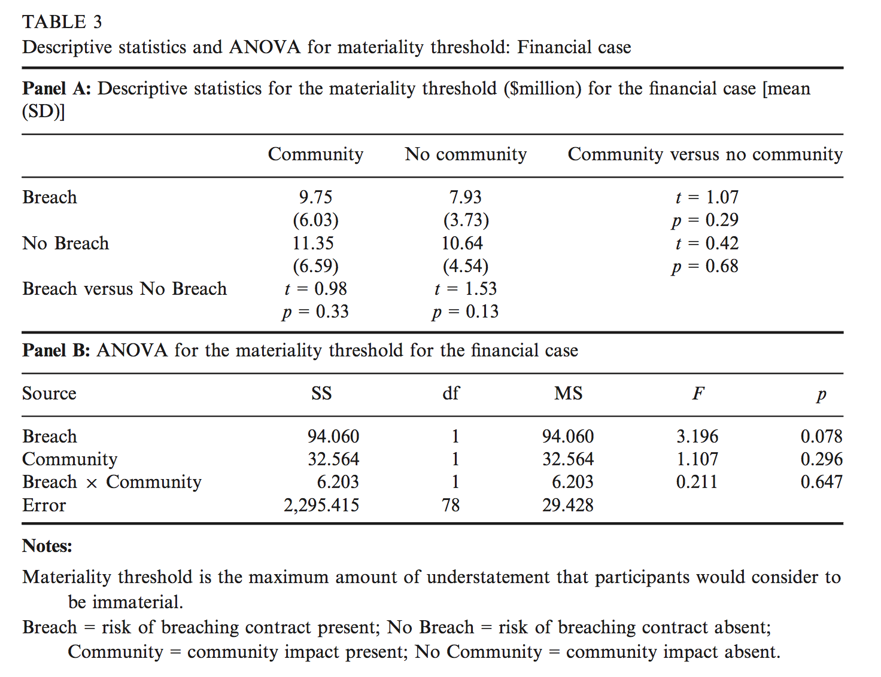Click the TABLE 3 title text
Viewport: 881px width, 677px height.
[x=62, y=22]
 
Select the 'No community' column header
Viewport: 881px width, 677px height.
[x=466, y=154]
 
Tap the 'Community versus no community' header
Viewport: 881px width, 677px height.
[x=704, y=154]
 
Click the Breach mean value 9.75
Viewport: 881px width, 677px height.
[x=315, y=197]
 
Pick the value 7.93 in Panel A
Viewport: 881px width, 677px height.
[x=466, y=197]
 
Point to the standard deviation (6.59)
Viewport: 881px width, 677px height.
[x=315, y=266]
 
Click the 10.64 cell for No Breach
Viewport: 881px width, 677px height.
[x=462, y=243]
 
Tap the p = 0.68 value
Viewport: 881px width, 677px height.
[x=705, y=266]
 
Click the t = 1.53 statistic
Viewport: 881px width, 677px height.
[x=466, y=289]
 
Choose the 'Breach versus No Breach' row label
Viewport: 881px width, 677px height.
[x=124, y=289]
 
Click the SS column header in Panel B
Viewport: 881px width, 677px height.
[x=321, y=394]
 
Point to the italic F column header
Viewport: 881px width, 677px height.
[x=698, y=394]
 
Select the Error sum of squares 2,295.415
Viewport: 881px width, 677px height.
[x=321, y=505]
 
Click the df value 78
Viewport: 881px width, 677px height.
[x=451, y=505]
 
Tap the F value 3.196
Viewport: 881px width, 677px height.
[x=697, y=437]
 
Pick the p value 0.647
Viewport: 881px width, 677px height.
[x=821, y=482]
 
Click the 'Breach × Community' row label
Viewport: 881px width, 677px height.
[x=112, y=482]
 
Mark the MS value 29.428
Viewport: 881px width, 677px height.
[x=568, y=505]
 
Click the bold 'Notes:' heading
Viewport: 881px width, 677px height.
[x=47, y=546]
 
